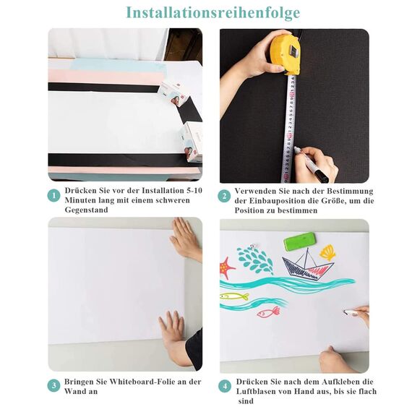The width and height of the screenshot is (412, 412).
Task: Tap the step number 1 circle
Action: tap(53, 196)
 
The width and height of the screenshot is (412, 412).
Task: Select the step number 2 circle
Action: tap(225, 196)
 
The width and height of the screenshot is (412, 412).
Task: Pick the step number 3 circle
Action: tap(53, 386)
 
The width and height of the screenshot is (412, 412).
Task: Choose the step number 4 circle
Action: tap(225, 386)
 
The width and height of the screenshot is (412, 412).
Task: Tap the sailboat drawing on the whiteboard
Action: tap(308, 265)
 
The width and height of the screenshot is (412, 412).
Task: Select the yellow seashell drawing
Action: tap(328, 252)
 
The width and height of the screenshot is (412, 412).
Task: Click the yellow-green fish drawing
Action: tap(234, 296)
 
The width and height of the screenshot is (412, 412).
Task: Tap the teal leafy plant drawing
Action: tap(255, 259)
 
